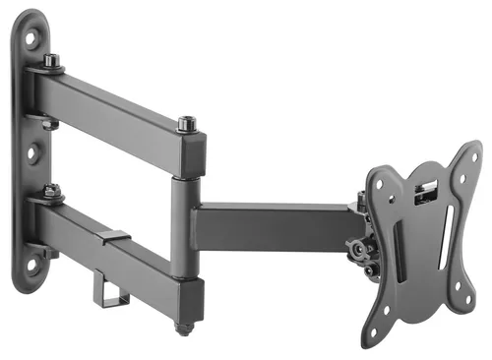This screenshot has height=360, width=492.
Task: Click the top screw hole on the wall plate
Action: pos(31,38)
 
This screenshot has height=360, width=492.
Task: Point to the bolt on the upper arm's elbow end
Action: pos(186,125)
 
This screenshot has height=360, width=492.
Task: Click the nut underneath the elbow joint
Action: pos(182,325)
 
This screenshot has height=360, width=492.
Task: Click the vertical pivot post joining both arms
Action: pos(182,226)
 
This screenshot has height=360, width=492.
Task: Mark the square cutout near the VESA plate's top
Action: pos(426,189)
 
